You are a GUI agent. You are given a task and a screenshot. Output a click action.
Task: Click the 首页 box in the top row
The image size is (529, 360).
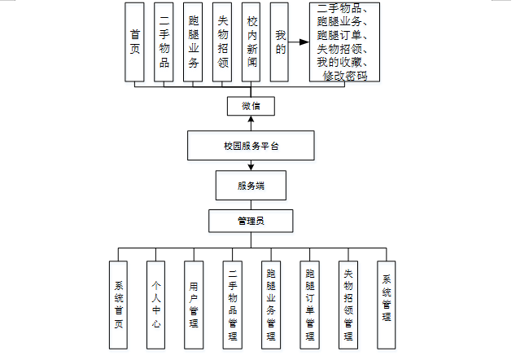[x=135, y=42]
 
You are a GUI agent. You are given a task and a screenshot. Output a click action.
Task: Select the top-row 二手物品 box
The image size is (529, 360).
[x=164, y=42]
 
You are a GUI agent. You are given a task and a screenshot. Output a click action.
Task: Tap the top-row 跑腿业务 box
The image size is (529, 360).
[x=193, y=42]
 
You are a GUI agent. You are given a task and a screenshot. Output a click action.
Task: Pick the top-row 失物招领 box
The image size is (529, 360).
[x=222, y=42]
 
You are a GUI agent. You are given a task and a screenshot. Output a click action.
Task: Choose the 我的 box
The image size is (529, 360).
[x=280, y=42]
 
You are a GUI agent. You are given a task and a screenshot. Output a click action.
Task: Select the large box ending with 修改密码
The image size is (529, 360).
[x=345, y=42]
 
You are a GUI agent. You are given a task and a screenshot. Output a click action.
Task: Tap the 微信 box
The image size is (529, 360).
[x=251, y=106]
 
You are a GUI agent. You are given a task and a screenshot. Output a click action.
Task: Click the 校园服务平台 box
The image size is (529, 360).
[x=251, y=147]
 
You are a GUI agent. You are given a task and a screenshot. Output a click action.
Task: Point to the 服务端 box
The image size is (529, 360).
[x=251, y=186]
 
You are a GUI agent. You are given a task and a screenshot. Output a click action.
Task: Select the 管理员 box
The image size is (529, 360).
[x=251, y=221]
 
